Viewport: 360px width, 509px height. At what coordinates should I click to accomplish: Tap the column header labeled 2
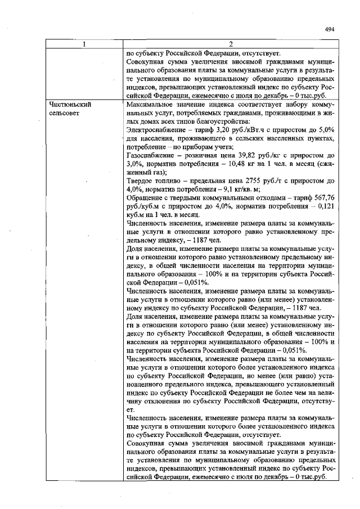pos(231,44)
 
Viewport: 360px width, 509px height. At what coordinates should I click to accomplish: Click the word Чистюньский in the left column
pos(70,104)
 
